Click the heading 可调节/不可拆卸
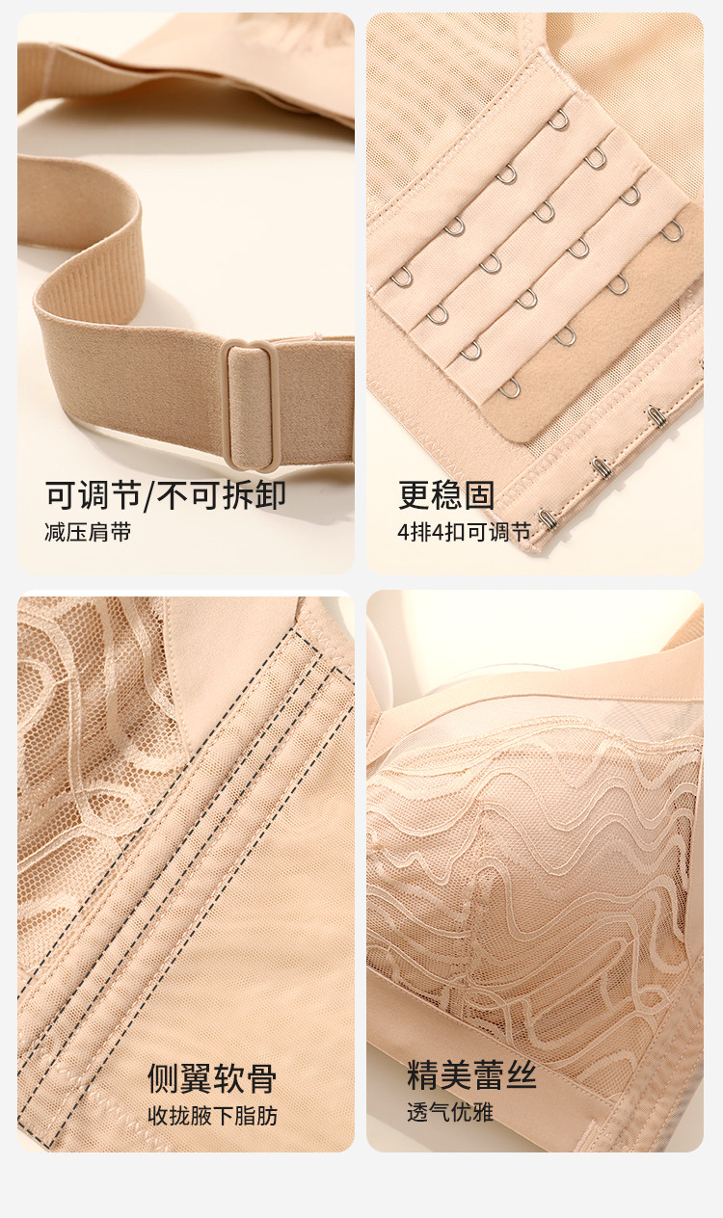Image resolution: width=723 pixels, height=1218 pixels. [x=166, y=495]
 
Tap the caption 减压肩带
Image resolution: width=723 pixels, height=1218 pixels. [x=88, y=532]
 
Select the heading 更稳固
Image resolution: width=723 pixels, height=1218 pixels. [x=446, y=495]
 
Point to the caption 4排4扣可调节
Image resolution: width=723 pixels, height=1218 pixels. [x=464, y=532]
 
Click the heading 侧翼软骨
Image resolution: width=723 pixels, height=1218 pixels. [x=212, y=1079]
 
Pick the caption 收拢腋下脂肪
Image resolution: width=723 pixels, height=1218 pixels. [x=213, y=1116]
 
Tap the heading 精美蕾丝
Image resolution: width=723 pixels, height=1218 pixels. [x=471, y=1075]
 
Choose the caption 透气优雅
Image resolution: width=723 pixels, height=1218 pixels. [x=450, y=1113]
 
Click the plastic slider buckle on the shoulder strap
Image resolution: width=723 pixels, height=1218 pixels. [x=252, y=405]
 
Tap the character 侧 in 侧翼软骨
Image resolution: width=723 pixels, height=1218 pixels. [x=163, y=1079]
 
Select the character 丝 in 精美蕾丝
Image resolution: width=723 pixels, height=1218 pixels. [x=522, y=1075]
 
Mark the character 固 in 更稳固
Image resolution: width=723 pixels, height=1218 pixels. [x=479, y=495]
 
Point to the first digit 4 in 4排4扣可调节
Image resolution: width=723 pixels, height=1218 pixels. [x=403, y=532]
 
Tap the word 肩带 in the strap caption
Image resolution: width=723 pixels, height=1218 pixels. [x=110, y=532]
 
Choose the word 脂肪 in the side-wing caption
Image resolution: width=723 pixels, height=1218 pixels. [x=256, y=1116]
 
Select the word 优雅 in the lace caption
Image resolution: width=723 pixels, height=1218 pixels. [x=472, y=1113]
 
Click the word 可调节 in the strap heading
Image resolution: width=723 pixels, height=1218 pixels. [x=94, y=495]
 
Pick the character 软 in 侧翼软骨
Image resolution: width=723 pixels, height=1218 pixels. [x=228, y=1079]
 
